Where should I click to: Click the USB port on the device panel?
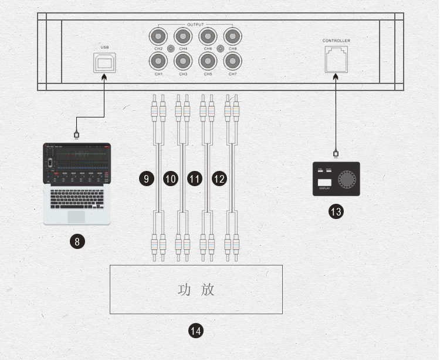(104, 62)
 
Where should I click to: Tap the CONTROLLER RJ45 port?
(336, 59)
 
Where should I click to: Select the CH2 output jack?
(158, 35)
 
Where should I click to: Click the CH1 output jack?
(158, 60)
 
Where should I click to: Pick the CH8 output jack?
(233, 35)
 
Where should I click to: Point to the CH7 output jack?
(233, 60)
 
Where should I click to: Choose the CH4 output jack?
(183, 35)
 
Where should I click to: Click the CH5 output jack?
(208, 60)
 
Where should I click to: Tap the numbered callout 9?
(146, 179)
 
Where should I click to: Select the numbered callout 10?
(170, 179)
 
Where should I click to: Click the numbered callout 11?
(195, 179)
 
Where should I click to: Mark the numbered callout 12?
(219, 179)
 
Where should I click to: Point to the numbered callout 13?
(336, 211)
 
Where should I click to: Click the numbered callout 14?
(195, 331)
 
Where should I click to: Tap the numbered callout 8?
(77, 240)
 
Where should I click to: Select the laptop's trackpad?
(76, 216)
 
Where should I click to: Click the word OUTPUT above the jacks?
(195, 25)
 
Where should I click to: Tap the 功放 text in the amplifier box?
(196, 290)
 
